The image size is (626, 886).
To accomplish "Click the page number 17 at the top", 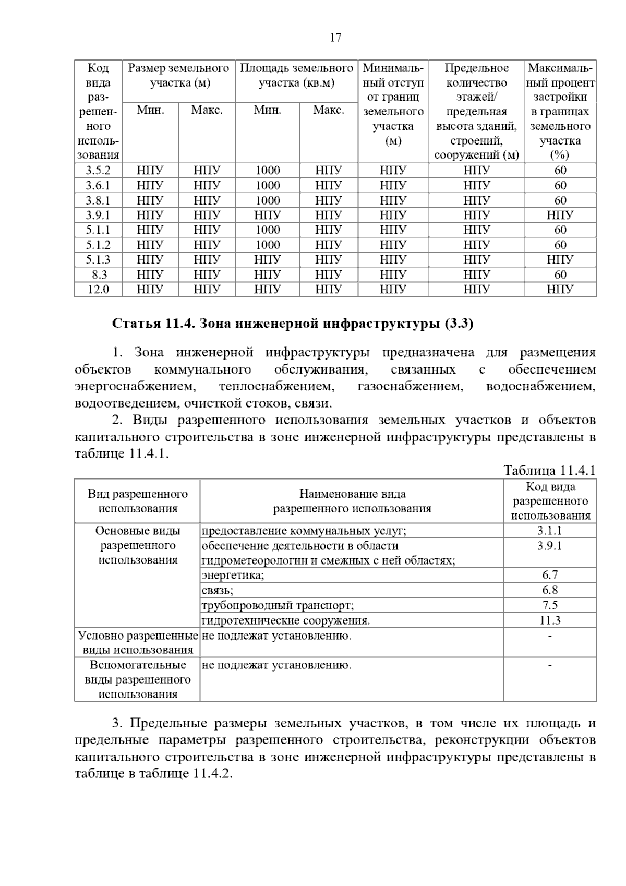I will (x=335, y=38).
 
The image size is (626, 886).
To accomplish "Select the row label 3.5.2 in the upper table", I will (x=98, y=171).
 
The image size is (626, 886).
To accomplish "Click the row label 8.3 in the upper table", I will (x=98, y=274).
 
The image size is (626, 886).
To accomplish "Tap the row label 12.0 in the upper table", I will (x=98, y=290).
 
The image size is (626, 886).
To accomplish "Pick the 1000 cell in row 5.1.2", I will (x=268, y=245).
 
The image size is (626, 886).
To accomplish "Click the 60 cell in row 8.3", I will (x=560, y=274).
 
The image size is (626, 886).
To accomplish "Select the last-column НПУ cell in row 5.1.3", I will (x=560, y=259).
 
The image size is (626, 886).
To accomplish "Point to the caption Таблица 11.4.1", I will (x=549, y=471).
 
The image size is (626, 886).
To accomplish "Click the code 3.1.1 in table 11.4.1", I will (x=550, y=531).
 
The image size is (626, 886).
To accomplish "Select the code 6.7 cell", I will (x=550, y=575).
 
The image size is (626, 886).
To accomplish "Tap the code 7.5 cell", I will (x=550, y=605).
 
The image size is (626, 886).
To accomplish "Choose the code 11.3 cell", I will (x=550, y=620).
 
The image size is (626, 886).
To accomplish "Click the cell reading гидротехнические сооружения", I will (x=286, y=620).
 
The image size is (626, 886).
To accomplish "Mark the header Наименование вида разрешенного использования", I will (x=352, y=501).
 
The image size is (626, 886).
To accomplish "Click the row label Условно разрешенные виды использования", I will (x=138, y=642).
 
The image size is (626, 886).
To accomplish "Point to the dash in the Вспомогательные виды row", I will (x=550, y=665).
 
